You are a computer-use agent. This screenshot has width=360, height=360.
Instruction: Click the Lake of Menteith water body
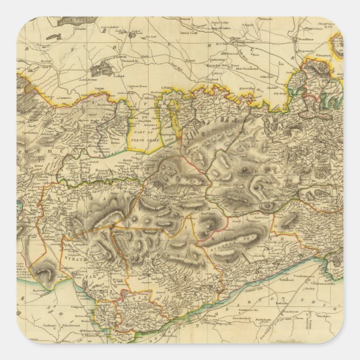[x=102, y=68]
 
